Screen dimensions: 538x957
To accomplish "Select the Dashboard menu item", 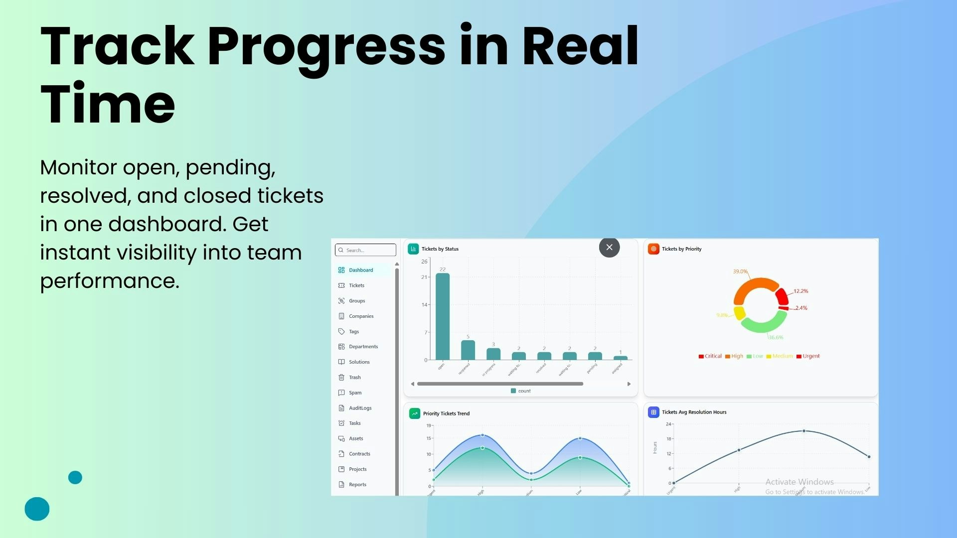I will click(x=360, y=270).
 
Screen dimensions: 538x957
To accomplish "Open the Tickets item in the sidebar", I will click(x=356, y=285).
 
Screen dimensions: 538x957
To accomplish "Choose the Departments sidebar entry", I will click(x=363, y=347).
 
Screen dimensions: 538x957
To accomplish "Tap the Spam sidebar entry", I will click(x=355, y=393).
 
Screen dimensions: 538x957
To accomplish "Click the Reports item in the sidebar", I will click(x=357, y=484).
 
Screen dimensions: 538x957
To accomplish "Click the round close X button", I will click(x=609, y=247).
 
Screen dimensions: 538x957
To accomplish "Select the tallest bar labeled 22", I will click(x=442, y=316).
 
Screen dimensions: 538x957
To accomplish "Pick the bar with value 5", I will click(x=468, y=350).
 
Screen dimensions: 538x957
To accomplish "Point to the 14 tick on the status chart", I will click(x=424, y=304).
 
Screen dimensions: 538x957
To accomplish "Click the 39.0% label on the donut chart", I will click(x=740, y=271).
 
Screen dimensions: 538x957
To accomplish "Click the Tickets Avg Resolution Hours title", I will click(x=694, y=412).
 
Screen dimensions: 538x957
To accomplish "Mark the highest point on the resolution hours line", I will click(x=803, y=431).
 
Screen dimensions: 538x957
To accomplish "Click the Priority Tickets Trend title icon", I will click(x=415, y=413).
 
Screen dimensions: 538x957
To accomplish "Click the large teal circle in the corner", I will click(x=37, y=509).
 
